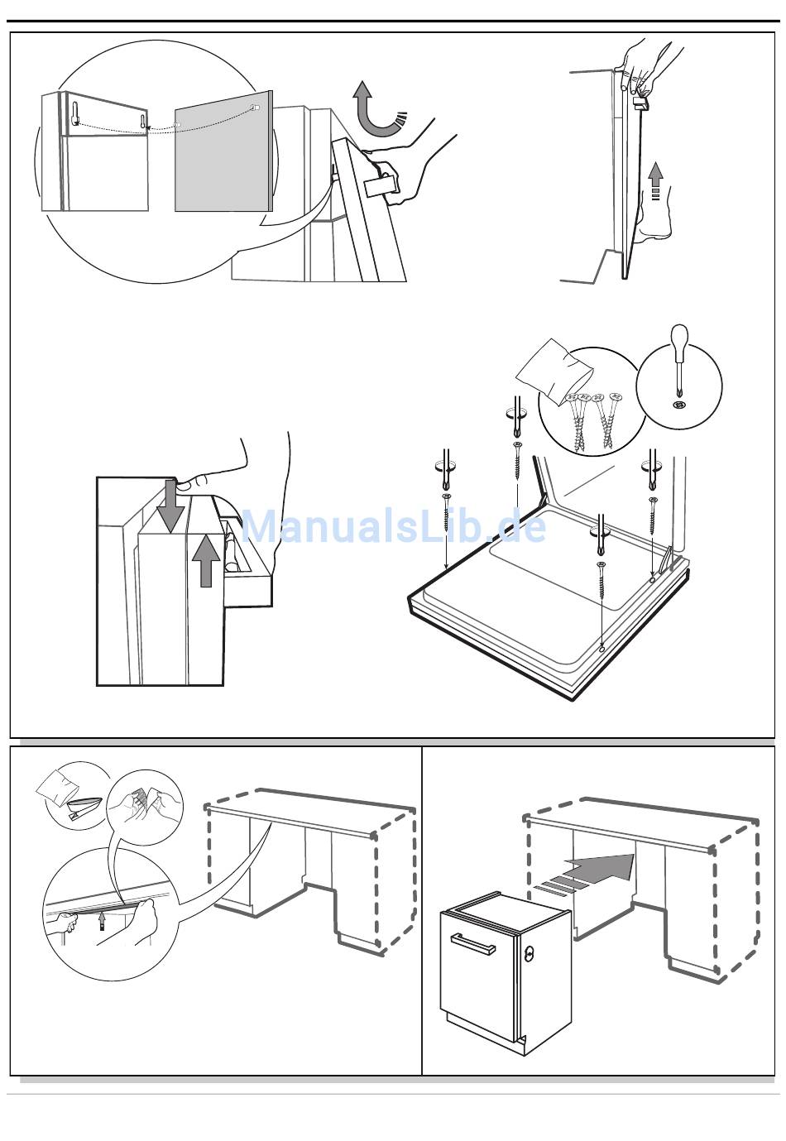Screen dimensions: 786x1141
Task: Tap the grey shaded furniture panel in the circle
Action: tap(223, 151)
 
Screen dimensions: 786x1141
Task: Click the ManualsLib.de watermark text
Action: tap(393, 525)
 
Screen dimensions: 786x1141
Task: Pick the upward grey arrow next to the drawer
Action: tap(205, 561)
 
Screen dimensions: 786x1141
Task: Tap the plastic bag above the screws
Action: tap(554, 367)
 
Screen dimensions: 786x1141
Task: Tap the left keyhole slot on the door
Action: tap(75, 113)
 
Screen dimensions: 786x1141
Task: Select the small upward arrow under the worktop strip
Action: tap(103, 920)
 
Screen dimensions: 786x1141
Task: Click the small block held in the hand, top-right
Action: tap(640, 103)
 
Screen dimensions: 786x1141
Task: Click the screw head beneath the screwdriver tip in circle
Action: tap(678, 391)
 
